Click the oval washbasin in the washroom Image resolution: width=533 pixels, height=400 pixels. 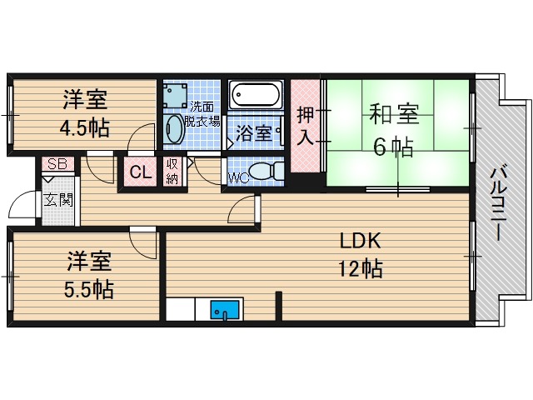(x=175, y=130)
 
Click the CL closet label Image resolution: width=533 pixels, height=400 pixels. (x=140, y=173)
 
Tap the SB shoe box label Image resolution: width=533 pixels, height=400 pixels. (x=57, y=164)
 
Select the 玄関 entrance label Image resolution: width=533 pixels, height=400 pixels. (x=58, y=200)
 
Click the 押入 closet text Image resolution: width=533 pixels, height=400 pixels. (x=306, y=125)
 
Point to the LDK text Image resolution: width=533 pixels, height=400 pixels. (x=360, y=242)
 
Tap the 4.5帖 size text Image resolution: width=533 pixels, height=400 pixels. (x=84, y=130)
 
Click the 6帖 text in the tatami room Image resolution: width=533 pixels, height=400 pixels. (x=393, y=147)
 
